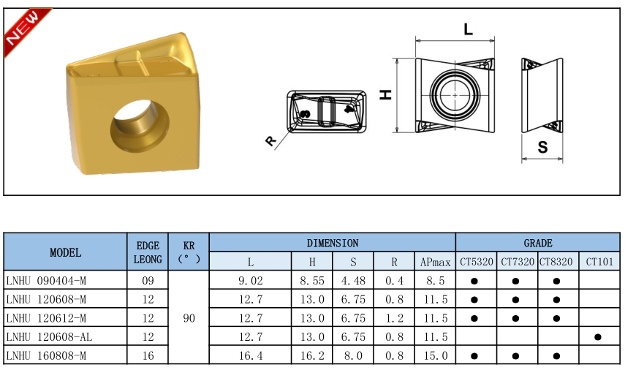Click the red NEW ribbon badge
(x=24, y=29)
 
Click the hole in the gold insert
(x=140, y=126)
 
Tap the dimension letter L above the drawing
(x=469, y=29)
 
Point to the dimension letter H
(x=386, y=94)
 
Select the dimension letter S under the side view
(x=542, y=147)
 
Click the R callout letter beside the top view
(x=270, y=140)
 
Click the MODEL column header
(x=65, y=252)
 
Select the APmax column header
(x=435, y=262)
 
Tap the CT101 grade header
(x=599, y=262)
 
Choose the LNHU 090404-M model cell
(x=46, y=281)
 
